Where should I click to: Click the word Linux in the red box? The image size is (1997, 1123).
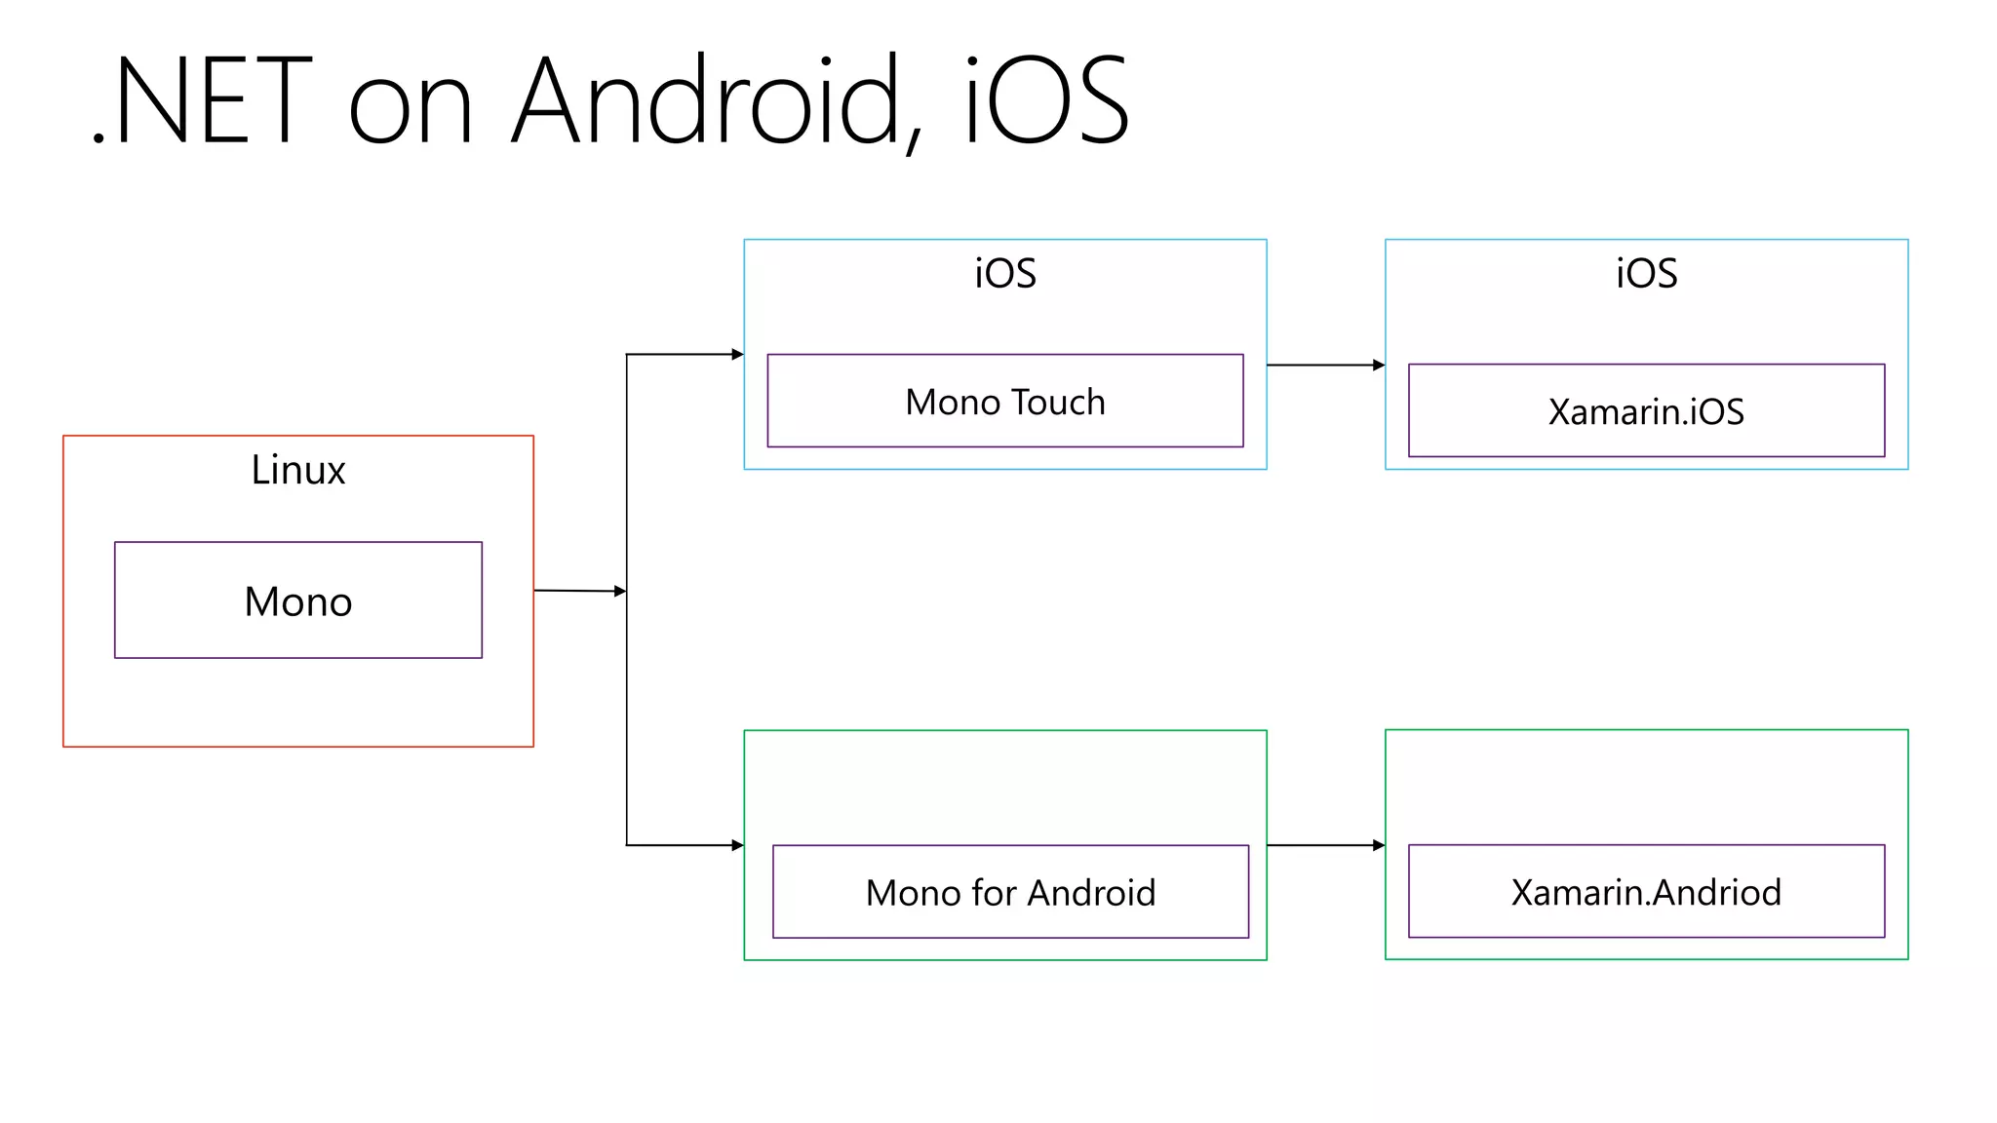point(297,471)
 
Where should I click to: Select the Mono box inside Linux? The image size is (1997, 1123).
point(297,600)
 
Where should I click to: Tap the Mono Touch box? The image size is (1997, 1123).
point(1004,402)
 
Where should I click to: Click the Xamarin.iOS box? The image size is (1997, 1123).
point(1646,411)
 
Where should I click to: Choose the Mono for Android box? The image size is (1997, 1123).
point(1010,892)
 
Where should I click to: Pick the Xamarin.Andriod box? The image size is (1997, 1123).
point(1646,892)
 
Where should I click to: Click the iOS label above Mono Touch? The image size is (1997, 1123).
point(1004,274)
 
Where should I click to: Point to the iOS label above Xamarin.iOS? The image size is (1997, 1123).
point(1646,274)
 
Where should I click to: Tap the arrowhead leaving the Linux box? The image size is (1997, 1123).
point(619,592)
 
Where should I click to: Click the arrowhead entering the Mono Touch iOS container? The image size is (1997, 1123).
point(737,355)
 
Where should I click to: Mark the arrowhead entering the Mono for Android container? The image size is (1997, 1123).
point(737,845)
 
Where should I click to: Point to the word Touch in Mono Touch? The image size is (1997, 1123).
point(1058,402)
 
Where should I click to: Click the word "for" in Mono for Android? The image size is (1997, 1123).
point(994,892)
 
